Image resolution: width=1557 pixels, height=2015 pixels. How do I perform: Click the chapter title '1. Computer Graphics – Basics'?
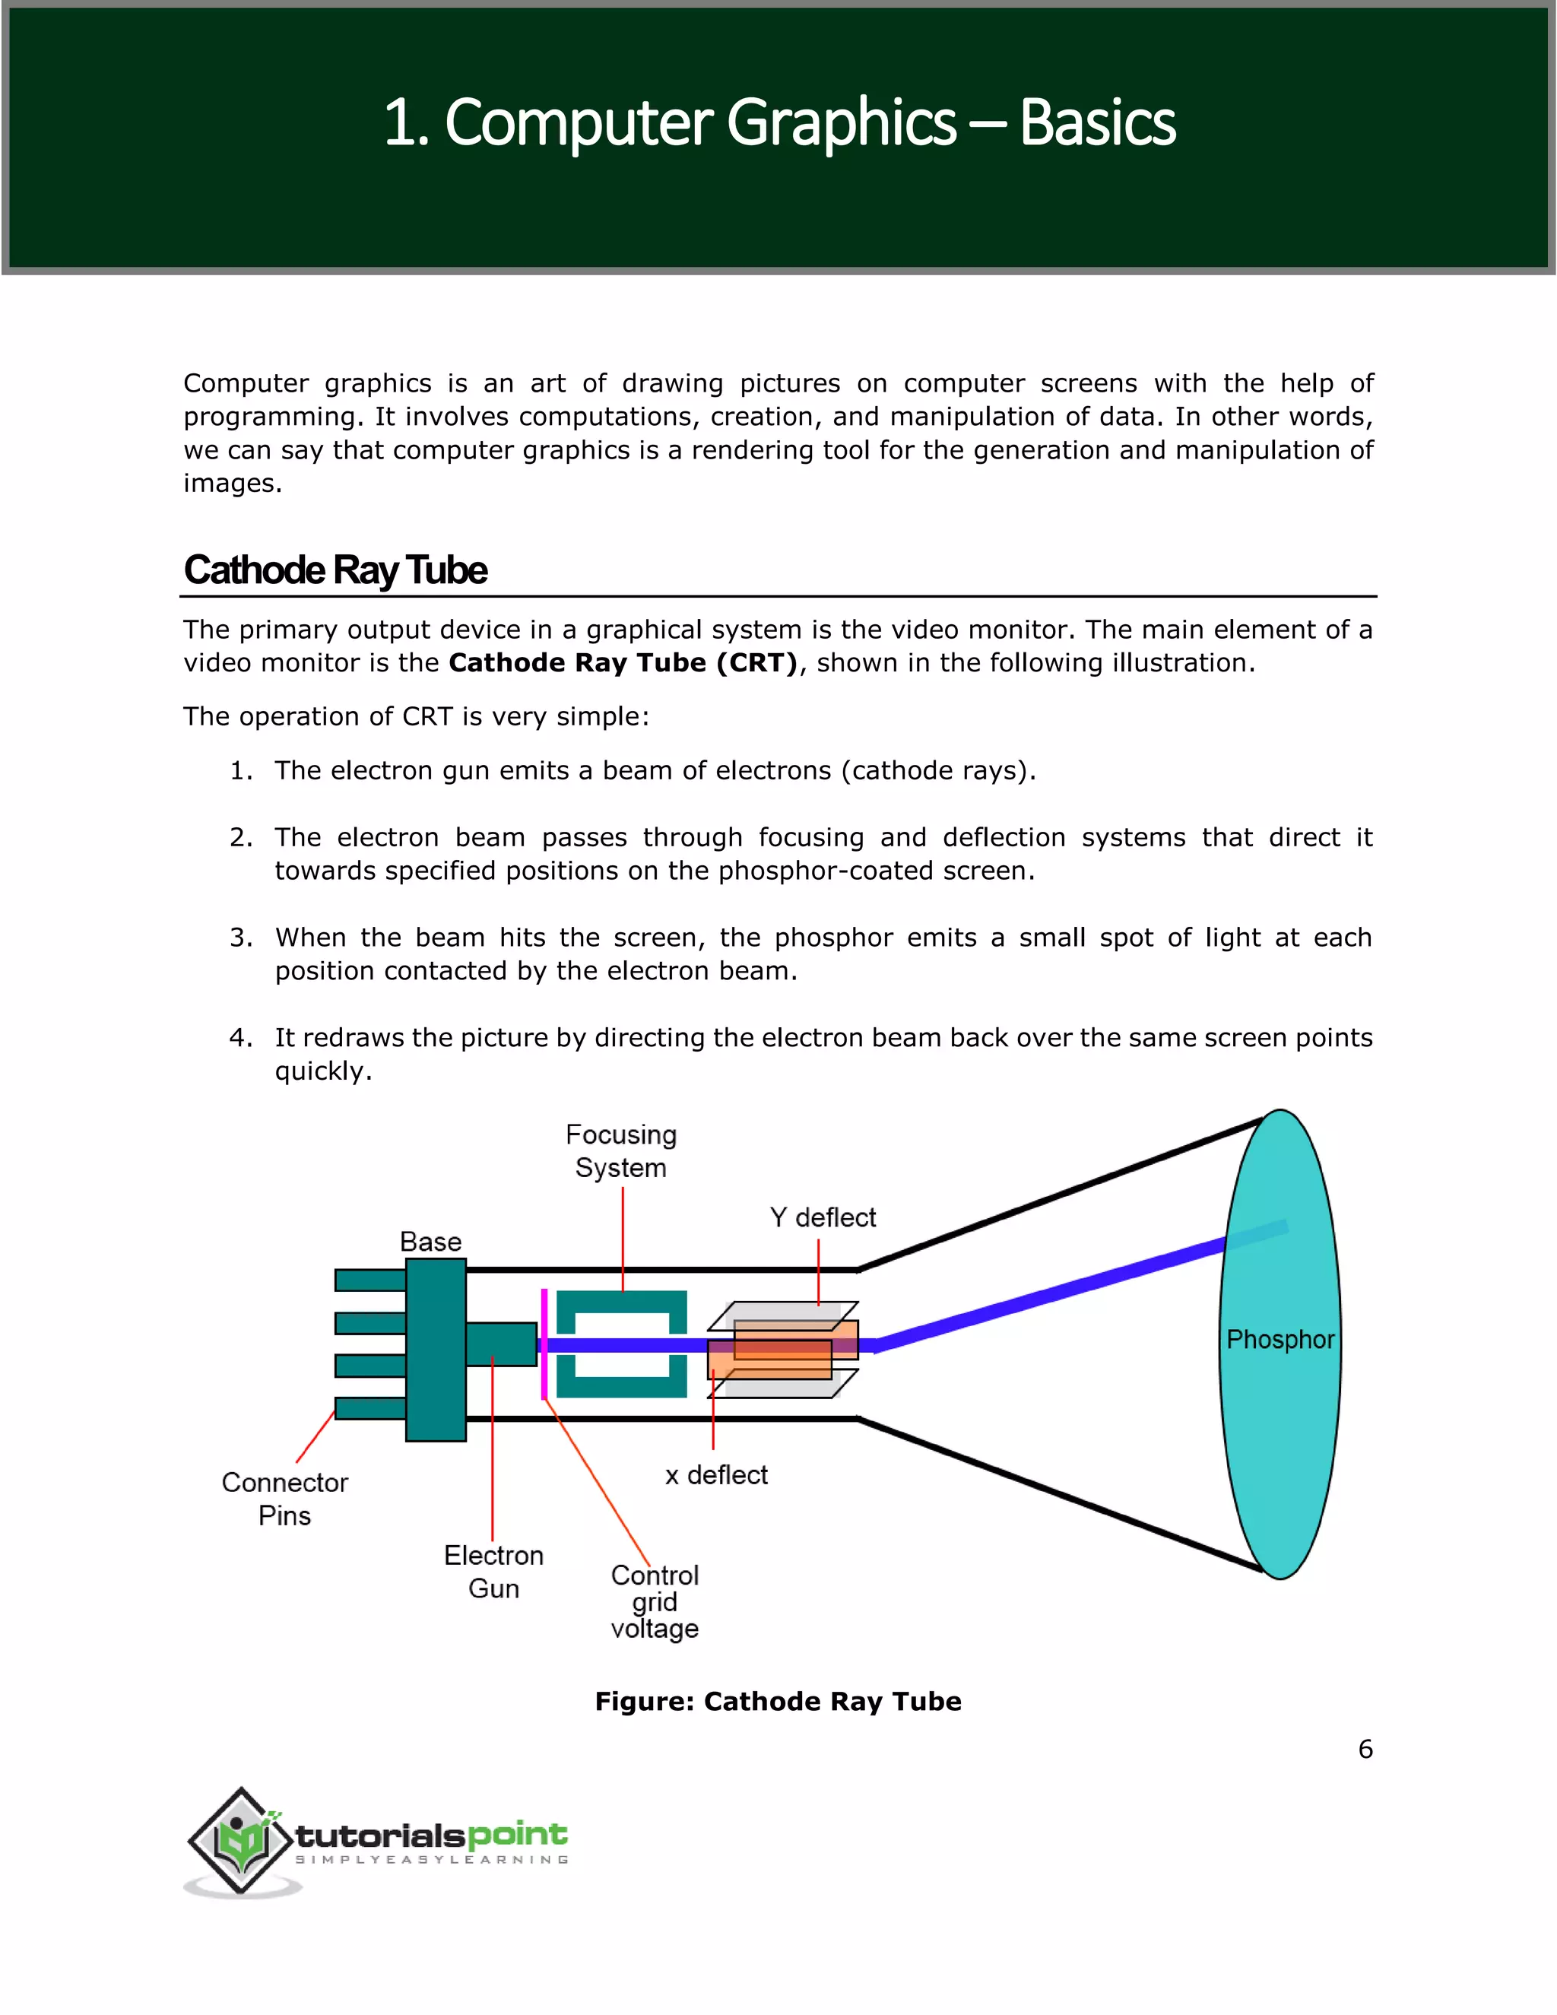tap(778, 122)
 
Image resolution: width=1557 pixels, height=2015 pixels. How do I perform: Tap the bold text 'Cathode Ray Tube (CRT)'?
tap(623, 663)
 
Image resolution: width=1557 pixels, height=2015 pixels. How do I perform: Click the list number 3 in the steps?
tap(241, 938)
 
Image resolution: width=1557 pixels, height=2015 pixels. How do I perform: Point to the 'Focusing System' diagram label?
tap(621, 1150)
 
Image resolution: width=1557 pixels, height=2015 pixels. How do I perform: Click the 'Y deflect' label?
tap(822, 1218)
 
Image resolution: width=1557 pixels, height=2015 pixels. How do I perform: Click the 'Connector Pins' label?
tap(284, 1499)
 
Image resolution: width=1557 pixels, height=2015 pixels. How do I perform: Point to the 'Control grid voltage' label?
tap(654, 1601)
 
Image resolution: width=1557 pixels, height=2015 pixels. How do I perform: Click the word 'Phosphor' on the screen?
tap(1280, 1340)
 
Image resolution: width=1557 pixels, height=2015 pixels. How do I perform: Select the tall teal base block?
tap(436, 1349)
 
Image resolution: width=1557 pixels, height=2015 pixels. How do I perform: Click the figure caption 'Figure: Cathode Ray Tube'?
tap(778, 1701)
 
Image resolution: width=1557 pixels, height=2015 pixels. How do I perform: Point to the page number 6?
tap(1365, 1750)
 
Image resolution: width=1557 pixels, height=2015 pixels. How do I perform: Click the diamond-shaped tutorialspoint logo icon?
tap(243, 1841)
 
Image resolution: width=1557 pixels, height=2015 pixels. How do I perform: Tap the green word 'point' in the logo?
tap(516, 1834)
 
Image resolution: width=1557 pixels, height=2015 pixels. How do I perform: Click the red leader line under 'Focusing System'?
tap(623, 1238)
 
